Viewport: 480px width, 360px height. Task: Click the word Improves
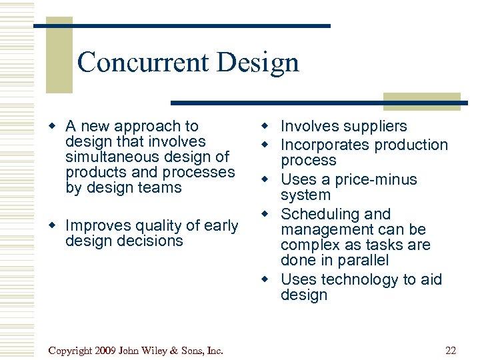pyautogui.click(x=97, y=226)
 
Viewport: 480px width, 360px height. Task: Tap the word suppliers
pyautogui.click(x=373, y=126)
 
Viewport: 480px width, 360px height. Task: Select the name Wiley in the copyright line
pyautogui.click(x=155, y=351)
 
